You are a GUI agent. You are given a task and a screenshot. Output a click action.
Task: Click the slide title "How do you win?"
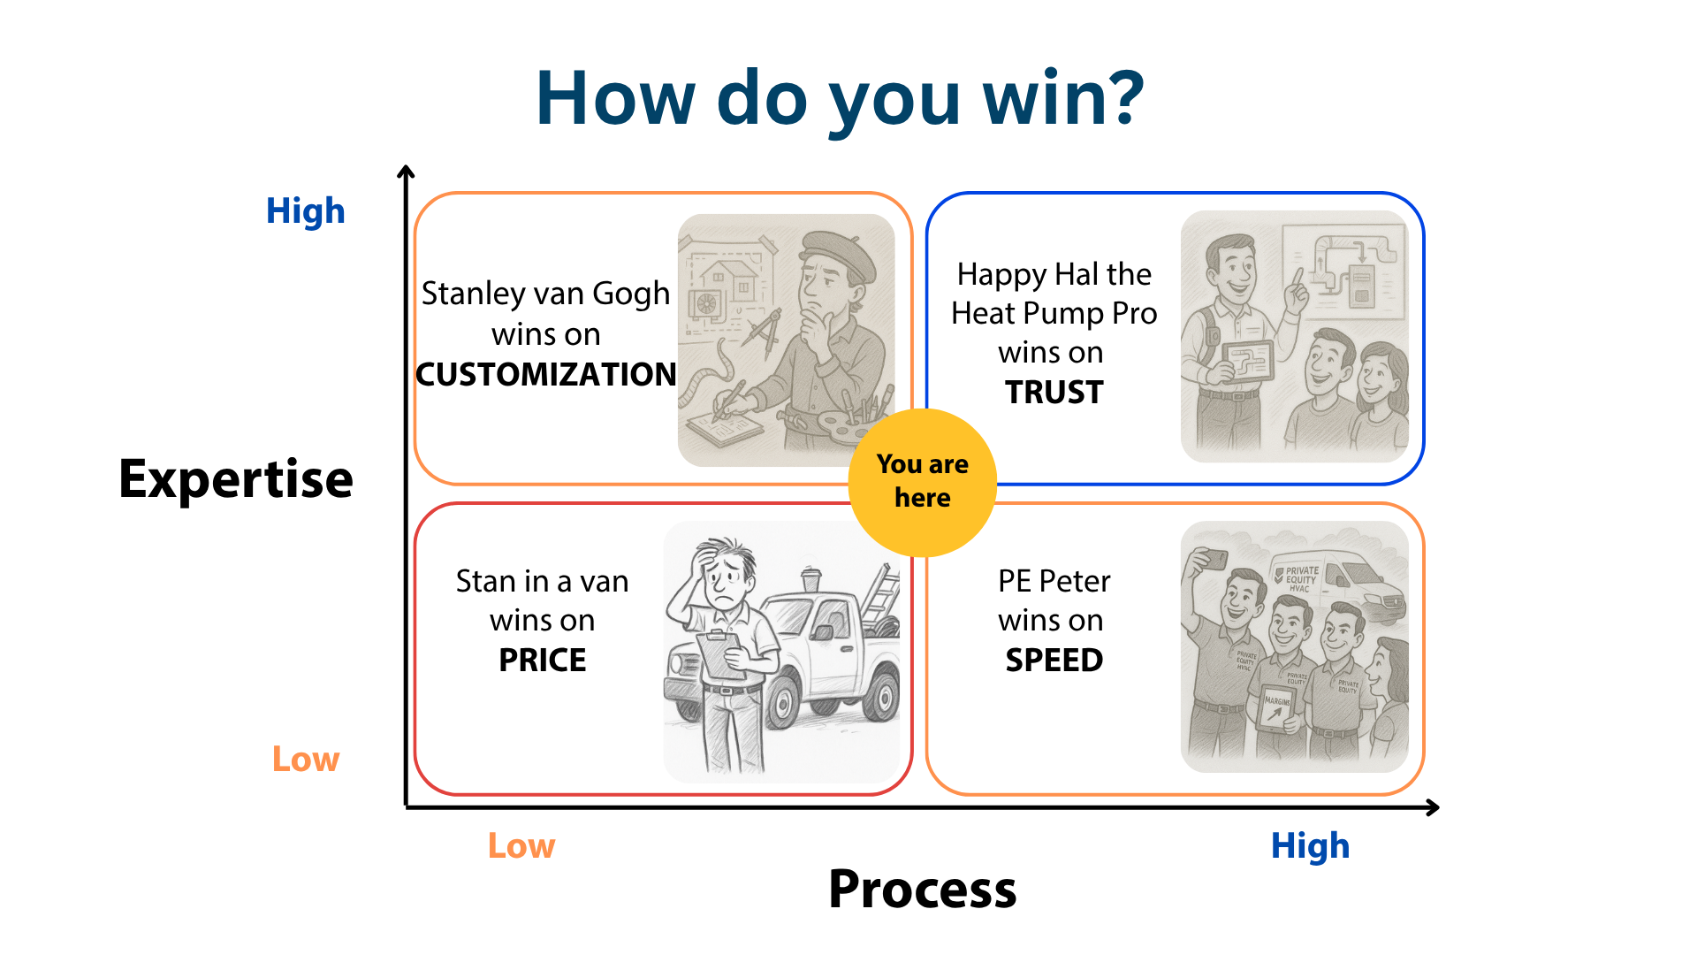(x=840, y=97)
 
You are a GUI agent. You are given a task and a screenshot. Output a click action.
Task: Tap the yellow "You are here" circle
(x=922, y=482)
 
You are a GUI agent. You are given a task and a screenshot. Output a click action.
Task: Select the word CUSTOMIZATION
(x=546, y=375)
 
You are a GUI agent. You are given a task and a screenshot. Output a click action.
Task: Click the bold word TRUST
(x=1054, y=392)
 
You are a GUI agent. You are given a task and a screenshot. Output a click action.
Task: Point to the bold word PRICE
(x=542, y=660)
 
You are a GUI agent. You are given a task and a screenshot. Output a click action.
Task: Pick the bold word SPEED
(x=1054, y=660)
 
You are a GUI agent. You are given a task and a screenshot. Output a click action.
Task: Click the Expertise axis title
(x=236, y=479)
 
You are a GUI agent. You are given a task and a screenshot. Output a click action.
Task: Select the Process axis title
(x=922, y=889)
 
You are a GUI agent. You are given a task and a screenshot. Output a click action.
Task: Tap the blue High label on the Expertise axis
(x=305, y=211)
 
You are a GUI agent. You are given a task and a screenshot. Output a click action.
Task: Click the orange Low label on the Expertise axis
(x=305, y=759)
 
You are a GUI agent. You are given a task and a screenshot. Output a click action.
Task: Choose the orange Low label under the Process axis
(x=521, y=846)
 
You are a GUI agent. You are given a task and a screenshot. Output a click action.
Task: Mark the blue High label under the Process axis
(x=1310, y=846)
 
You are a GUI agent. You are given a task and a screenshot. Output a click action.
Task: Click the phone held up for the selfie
(x=1214, y=559)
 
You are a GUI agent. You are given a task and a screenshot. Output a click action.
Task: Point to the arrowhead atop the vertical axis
(x=406, y=172)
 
